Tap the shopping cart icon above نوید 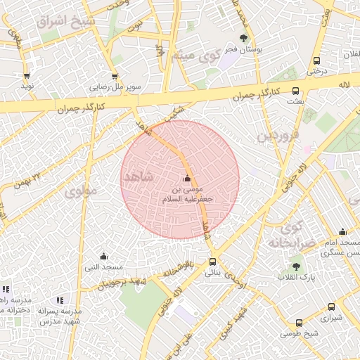(27, 75)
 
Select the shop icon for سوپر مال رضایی (114, 76)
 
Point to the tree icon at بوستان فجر (243, 38)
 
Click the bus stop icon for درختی (316, 60)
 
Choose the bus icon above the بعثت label (295, 91)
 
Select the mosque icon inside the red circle (186, 179)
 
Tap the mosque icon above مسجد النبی (104, 256)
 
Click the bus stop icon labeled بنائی (213, 262)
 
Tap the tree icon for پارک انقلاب (295, 266)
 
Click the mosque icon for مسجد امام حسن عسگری (342, 231)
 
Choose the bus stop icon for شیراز (332, 307)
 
